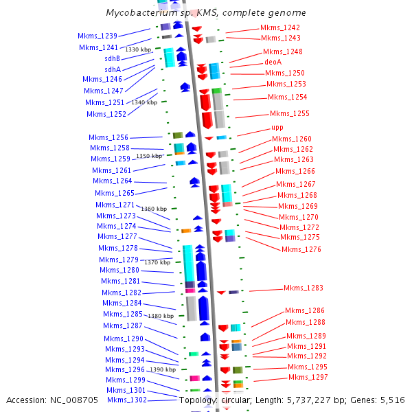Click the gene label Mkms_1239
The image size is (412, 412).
point(98,36)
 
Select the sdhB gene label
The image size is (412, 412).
point(112,58)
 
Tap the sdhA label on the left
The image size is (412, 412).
point(112,69)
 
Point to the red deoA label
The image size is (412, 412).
point(273,62)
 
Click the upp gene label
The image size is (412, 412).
point(277,128)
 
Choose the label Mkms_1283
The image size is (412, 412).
point(303,288)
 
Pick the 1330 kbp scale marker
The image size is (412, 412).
point(138,49)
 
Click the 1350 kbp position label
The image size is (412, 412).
point(150,156)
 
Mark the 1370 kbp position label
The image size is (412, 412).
point(157,262)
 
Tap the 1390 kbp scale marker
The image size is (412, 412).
point(163,369)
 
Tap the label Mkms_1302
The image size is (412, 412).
point(127,400)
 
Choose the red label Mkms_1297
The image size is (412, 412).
point(308,377)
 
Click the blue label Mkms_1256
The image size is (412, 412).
point(108,137)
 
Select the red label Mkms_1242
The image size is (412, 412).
point(279,27)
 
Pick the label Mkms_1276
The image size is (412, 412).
point(301,249)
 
